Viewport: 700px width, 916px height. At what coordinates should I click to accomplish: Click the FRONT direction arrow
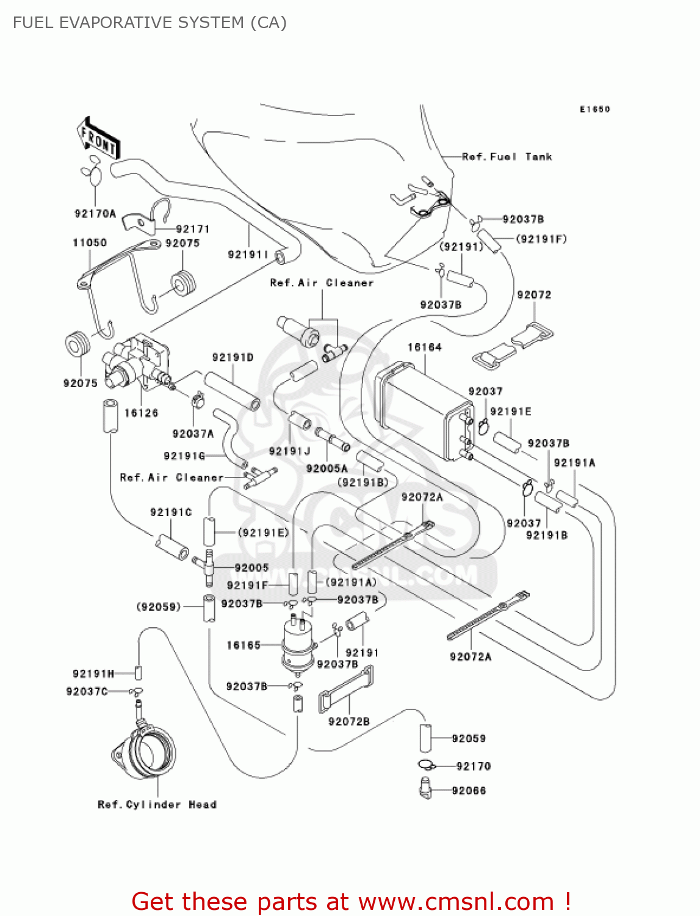click(98, 139)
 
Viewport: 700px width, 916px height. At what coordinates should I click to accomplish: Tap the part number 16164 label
click(424, 347)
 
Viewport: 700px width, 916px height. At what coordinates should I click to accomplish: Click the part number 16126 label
click(141, 413)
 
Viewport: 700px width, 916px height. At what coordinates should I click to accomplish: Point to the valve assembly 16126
click(137, 364)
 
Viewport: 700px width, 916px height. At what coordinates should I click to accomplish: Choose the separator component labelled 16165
click(297, 646)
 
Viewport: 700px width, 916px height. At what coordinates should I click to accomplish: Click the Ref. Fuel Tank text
click(507, 157)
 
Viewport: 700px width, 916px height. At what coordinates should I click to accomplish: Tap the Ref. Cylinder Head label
click(157, 805)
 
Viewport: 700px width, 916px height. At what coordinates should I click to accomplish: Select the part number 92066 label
click(469, 791)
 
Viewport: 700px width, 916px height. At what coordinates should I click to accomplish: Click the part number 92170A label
click(95, 214)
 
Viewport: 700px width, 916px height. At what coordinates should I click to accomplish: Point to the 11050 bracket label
click(90, 243)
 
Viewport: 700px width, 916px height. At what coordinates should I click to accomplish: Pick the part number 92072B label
click(349, 722)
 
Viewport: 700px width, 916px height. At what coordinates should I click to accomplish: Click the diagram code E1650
click(594, 109)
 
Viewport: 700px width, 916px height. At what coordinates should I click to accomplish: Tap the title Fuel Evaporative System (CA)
click(150, 23)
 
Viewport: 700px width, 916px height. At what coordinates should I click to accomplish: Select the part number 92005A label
click(327, 468)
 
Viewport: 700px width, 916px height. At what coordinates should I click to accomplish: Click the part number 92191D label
click(233, 358)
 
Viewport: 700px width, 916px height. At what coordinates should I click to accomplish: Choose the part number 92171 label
click(192, 230)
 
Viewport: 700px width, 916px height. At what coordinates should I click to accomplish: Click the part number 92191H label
click(93, 674)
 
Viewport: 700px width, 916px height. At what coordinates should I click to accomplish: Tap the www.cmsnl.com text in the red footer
click(455, 902)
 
